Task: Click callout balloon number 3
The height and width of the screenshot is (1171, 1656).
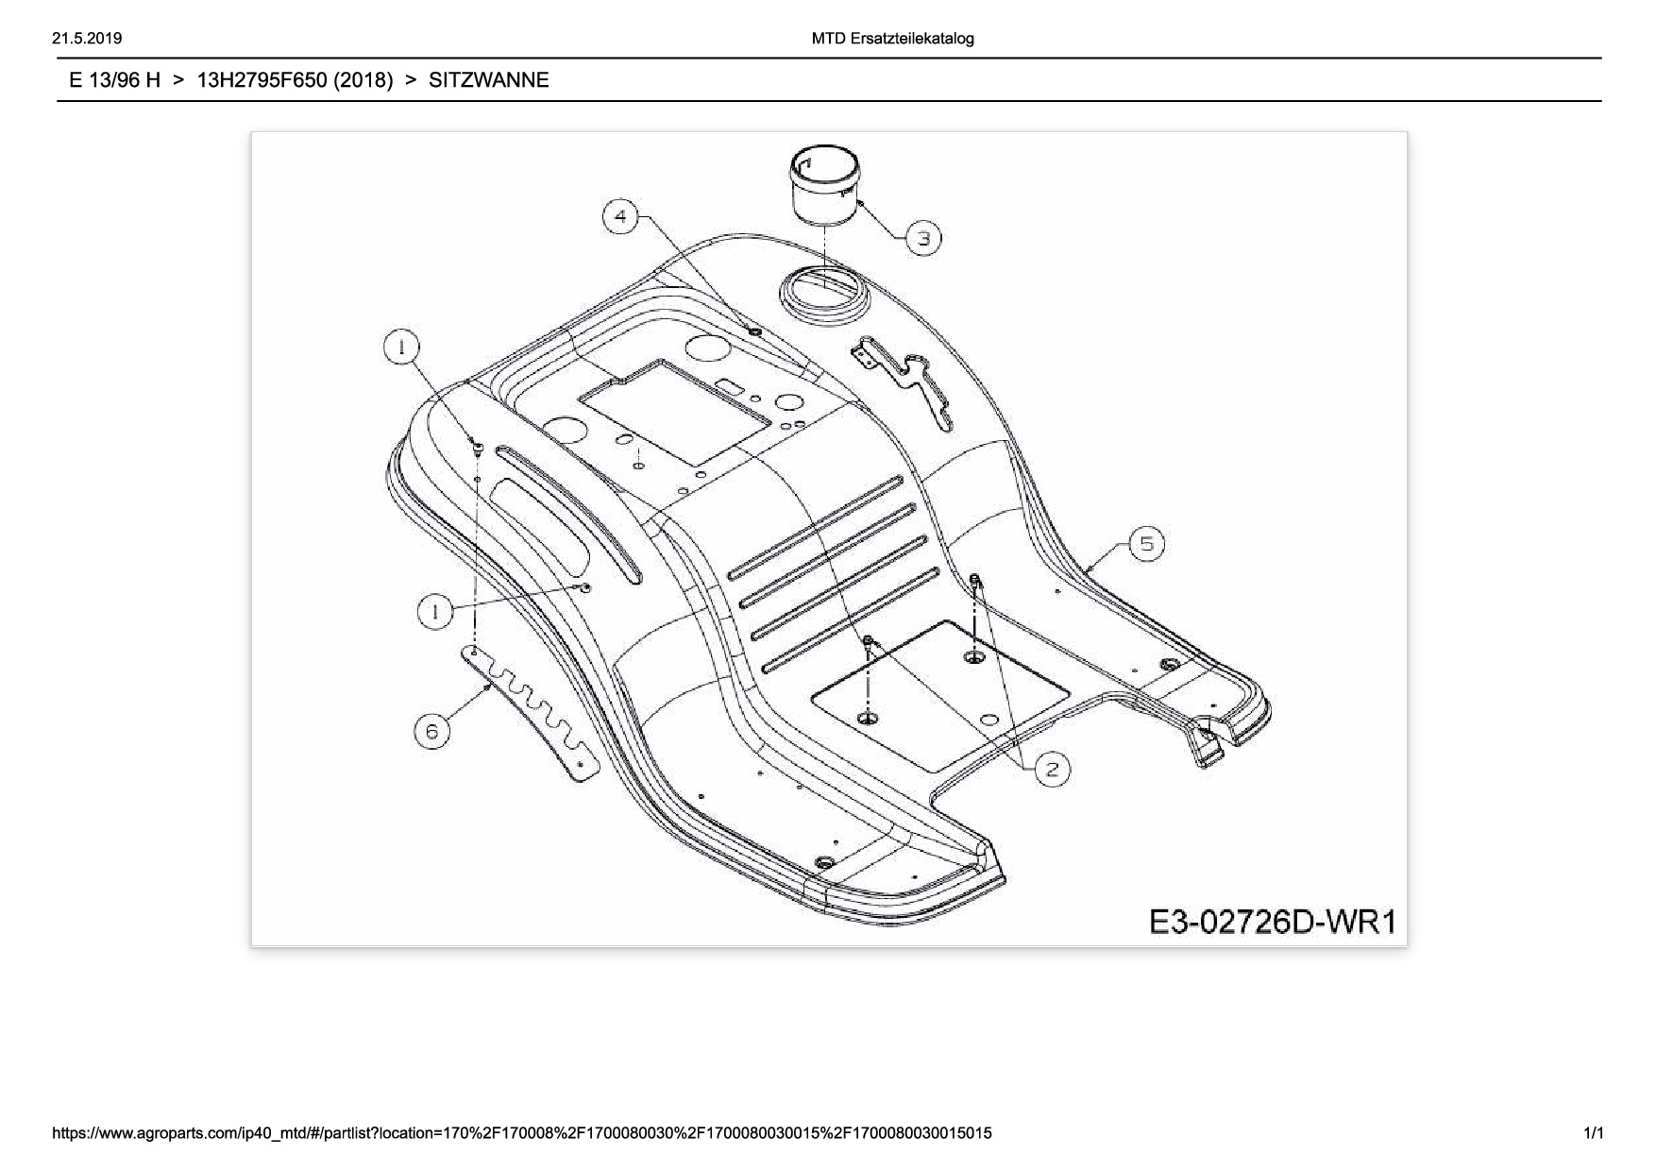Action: click(x=923, y=238)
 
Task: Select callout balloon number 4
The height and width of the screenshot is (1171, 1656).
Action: click(x=620, y=217)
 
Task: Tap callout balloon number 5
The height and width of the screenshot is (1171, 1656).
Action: click(x=1146, y=544)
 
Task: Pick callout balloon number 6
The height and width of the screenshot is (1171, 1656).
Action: click(x=432, y=732)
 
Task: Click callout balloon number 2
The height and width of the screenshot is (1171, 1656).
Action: click(x=1053, y=769)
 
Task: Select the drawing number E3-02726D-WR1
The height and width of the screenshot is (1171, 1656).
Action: click(x=1272, y=921)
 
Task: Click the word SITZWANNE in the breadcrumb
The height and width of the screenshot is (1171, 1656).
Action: click(x=488, y=80)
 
